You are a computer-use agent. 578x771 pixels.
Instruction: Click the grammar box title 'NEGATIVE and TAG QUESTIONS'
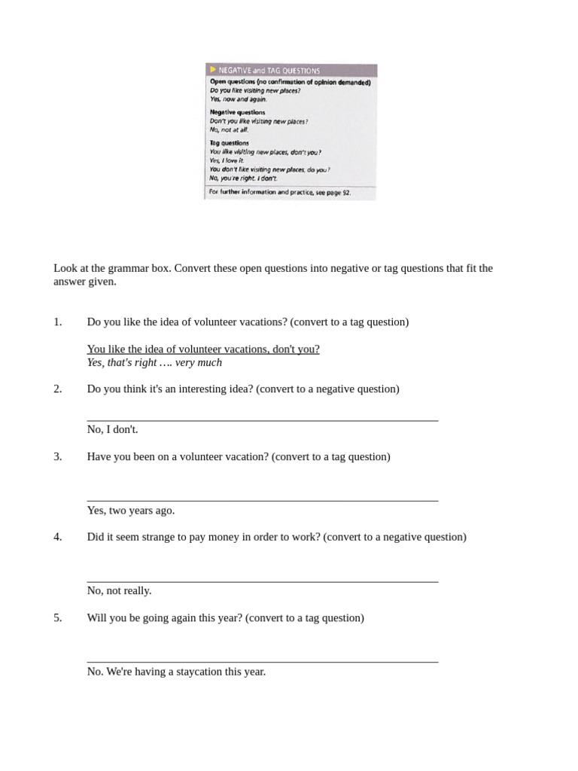point(269,70)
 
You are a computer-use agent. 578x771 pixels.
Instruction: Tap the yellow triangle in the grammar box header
point(213,69)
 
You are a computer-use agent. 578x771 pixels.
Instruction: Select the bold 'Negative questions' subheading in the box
point(237,112)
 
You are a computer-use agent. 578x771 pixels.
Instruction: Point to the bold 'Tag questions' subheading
point(229,142)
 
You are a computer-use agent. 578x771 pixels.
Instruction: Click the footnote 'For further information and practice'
point(279,193)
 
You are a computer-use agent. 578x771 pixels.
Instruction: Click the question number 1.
point(57,322)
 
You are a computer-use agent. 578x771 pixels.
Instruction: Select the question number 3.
point(57,457)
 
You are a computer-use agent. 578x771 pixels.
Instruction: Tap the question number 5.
point(57,618)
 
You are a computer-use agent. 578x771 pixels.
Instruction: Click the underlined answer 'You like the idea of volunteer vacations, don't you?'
point(203,349)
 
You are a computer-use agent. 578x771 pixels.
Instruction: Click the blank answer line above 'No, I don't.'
point(262,420)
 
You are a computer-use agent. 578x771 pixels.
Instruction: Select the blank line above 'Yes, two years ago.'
point(262,501)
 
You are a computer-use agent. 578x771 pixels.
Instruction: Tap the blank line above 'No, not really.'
point(262,581)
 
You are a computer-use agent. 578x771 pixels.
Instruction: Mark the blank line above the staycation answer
point(262,662)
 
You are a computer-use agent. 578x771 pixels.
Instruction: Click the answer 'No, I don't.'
point(112,430)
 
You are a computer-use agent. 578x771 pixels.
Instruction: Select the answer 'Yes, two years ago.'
point(130,510)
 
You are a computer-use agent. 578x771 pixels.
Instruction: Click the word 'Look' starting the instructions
point(65,269)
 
